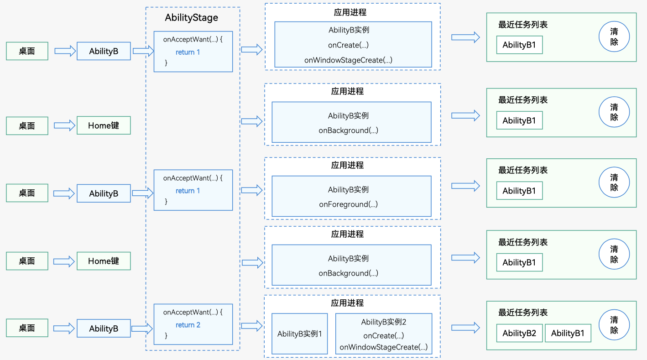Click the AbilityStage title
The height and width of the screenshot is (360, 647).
coord(192,18)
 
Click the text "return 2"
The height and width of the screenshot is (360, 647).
coord(188,325)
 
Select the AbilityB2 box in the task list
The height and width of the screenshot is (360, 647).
coord(519,333)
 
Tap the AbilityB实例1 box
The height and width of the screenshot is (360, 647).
coord(299,334)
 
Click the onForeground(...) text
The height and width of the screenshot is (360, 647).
coord(348,204)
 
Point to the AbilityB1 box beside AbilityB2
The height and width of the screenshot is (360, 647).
coord(568,333)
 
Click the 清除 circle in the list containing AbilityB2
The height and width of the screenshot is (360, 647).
coord(614,325)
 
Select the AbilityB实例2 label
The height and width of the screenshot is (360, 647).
coord(384,322)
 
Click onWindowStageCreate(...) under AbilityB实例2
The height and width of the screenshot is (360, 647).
coord(384,347)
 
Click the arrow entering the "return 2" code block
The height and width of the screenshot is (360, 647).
coord(142,328)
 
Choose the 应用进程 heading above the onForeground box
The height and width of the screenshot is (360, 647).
coord(347,165)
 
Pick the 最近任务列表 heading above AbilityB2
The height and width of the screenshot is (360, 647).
coord(523,313)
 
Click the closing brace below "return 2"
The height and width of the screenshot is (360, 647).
coord(166,335)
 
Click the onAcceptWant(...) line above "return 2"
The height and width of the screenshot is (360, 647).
coord(193,312)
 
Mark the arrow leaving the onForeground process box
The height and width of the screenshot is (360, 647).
coord(465,186)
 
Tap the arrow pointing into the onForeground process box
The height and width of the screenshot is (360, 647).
coord(252,190)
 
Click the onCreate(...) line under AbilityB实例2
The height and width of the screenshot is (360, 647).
coord(384,335)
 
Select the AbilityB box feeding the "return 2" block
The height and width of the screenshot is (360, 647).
coord(104,328)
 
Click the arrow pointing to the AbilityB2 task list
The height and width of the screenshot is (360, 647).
coord(465,328)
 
